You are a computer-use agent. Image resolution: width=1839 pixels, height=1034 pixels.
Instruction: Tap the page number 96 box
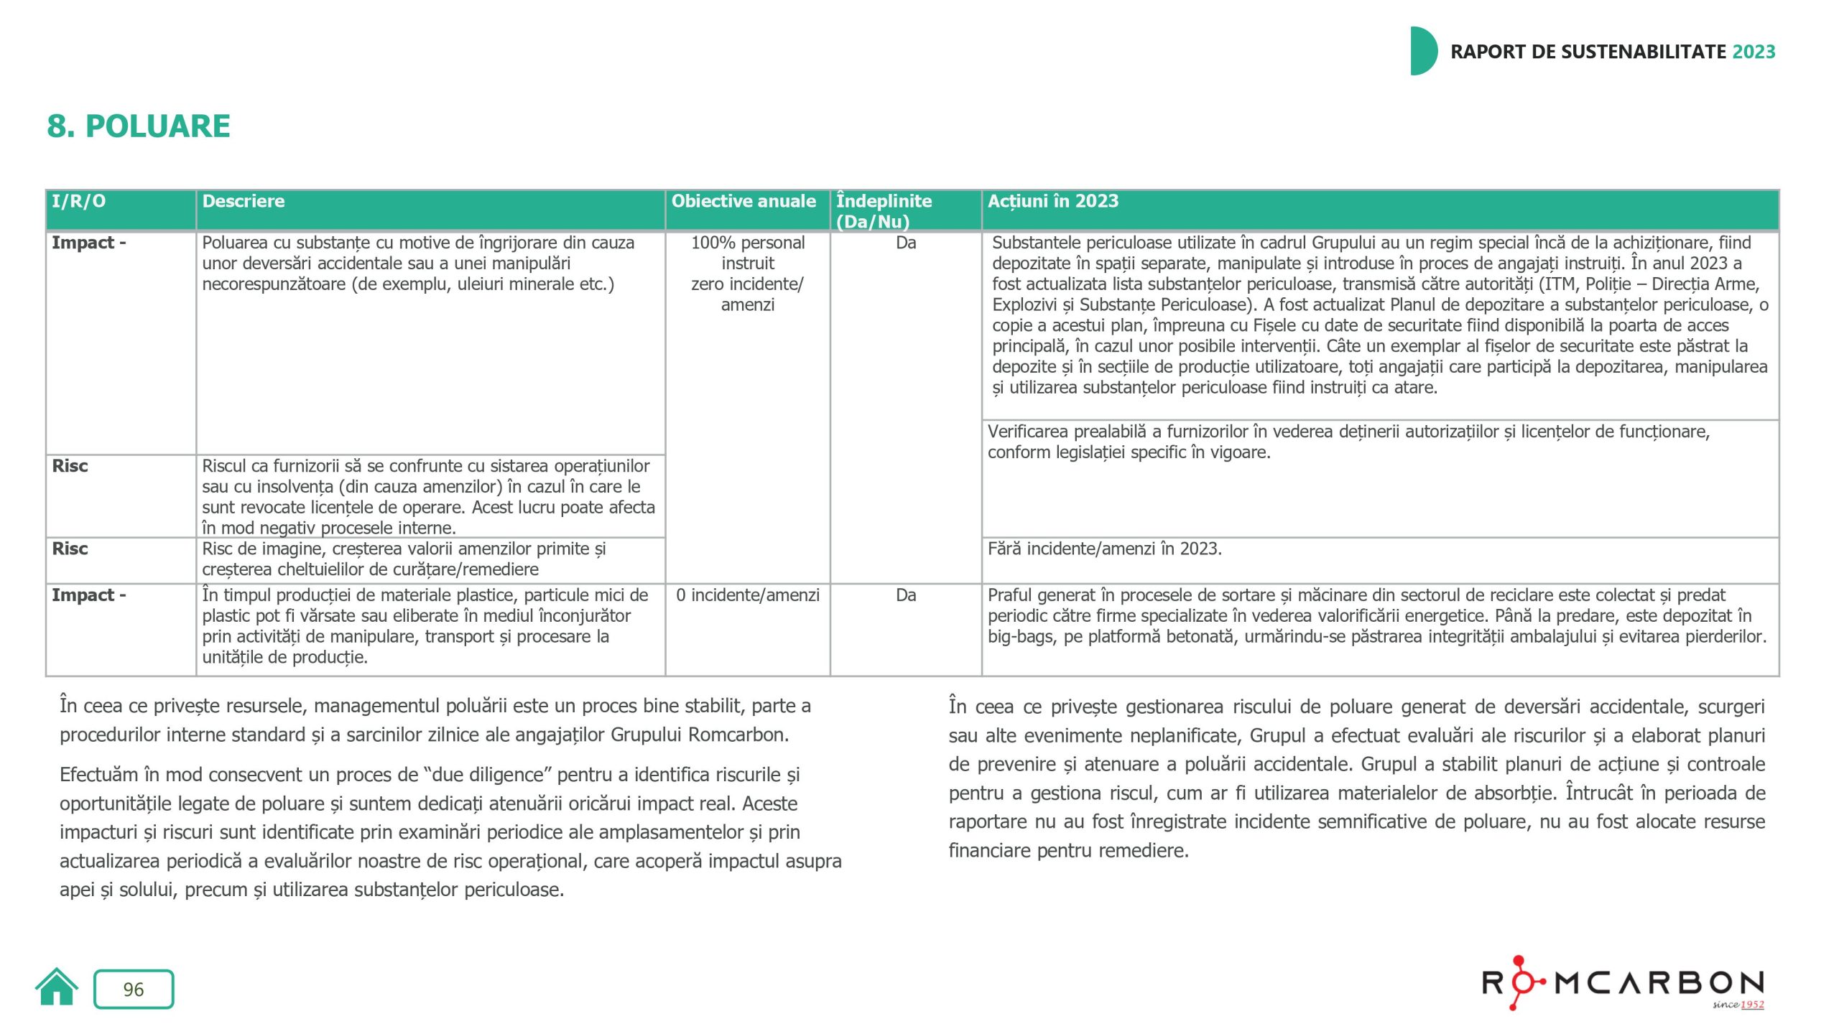coord(134,989)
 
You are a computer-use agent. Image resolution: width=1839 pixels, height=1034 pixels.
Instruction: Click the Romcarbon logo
coord(1623,982)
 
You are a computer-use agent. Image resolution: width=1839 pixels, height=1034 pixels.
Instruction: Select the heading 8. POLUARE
coord(139,126)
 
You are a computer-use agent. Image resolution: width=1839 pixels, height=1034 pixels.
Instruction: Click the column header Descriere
coord(244,202)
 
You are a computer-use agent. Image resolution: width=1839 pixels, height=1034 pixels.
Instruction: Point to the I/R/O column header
coord(78,202)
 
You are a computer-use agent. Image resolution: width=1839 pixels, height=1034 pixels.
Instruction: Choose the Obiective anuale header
coord(744,202)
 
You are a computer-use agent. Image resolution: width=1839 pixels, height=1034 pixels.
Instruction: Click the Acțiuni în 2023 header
coord(1053,202)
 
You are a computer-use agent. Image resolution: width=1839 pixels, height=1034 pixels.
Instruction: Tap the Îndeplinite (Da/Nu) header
coord(884,211)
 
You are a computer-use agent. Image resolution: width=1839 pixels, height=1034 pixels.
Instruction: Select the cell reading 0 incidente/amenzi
coord(747,595)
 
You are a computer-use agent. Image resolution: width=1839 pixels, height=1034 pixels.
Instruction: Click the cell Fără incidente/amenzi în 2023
coord(1104,549)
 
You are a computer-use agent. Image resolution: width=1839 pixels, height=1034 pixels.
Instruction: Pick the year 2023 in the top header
coord(1754,52)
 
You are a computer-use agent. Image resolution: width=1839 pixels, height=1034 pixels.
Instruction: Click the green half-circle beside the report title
coord(1423,51)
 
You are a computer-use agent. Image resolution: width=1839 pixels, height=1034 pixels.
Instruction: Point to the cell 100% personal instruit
coord(747,253)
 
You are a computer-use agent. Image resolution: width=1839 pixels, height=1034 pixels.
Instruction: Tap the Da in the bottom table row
coord(906,595)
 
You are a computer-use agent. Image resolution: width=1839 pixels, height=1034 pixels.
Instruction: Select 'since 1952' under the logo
coord(1738,1005)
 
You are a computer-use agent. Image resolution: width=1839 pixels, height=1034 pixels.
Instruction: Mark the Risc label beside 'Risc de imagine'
coord(70,549)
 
